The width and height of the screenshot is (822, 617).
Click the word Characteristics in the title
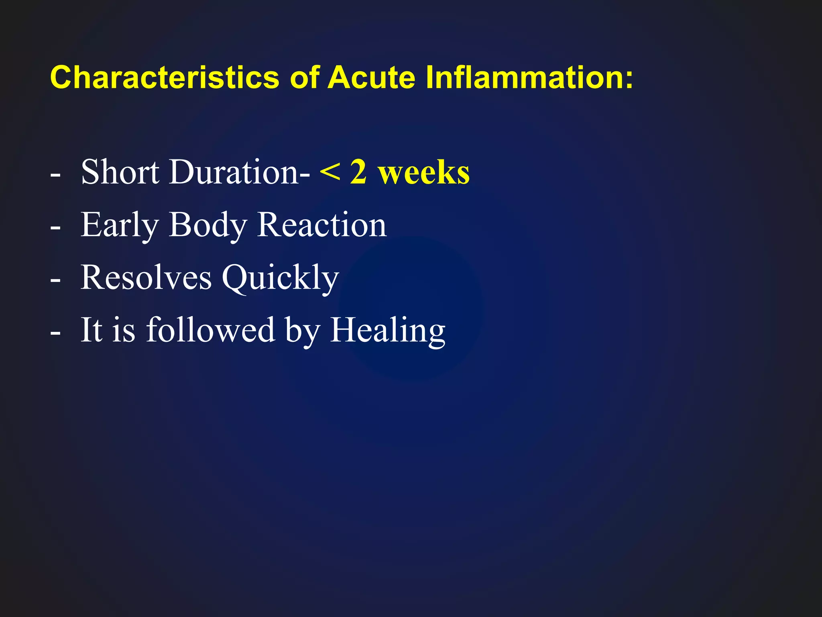[x=165, y=77]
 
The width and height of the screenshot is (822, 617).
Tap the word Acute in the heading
[x=372, y=77]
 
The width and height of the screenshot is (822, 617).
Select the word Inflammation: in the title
[x=529, y=77]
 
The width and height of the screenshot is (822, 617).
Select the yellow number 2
[x=358, y=172]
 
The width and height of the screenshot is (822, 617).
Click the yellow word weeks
[x=424, y=173]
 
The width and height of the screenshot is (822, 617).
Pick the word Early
[x=120, y=226]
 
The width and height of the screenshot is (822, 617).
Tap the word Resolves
[x=146, y=278]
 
